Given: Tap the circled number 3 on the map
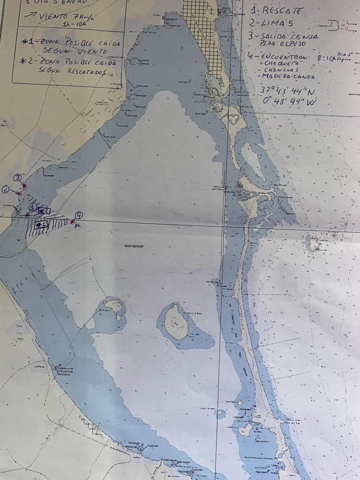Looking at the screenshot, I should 17,178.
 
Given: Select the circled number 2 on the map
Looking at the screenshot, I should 5,189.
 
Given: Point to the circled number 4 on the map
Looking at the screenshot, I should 79,215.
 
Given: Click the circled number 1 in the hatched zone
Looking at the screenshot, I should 33,207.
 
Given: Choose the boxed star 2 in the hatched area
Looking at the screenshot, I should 45,210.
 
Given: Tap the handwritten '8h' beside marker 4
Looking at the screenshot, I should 77,226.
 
